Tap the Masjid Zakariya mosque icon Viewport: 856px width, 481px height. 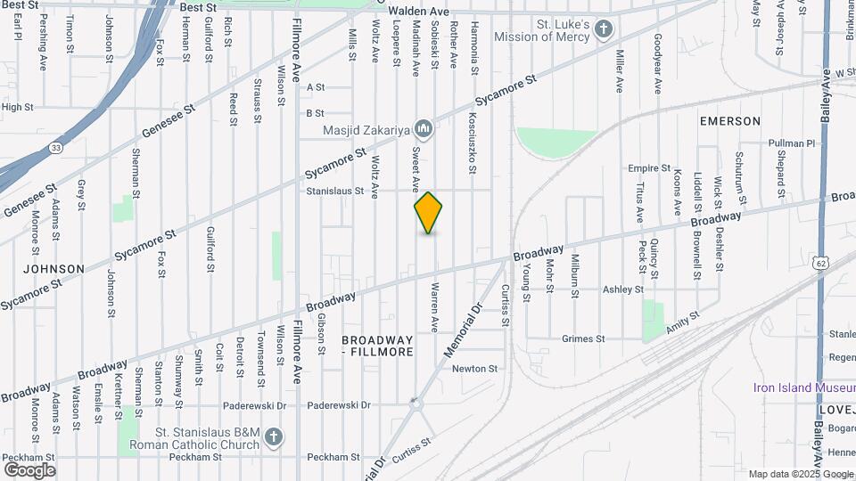pos(424,131)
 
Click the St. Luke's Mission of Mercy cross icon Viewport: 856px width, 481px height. pos(604,30)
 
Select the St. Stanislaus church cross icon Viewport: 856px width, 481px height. pos(274,436)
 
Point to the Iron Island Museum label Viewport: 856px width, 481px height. pos(803,387)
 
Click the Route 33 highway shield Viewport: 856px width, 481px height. pos(55,148)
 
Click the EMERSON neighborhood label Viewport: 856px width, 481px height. pos(730,121)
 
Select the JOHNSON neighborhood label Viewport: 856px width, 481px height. pos(53,268)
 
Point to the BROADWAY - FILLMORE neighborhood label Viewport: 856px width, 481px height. pos(378,346)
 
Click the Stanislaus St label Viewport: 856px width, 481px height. pos(335,191)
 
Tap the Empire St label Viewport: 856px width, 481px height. pos(648,167)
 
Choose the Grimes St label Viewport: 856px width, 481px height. pos(583,338)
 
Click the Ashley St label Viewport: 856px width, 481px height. pos(622,289)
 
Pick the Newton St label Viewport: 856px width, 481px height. pos(474,369)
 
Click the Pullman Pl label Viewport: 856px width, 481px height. pos(793,143)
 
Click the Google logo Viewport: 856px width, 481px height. pos(29,469)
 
